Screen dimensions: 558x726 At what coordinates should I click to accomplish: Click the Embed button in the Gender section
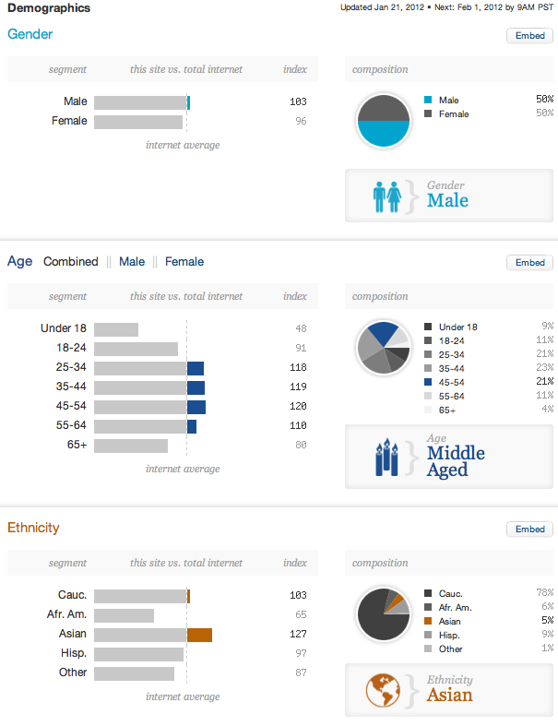[x=529, y=36]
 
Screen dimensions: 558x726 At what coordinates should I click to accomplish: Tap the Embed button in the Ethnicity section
[x=529, y=530]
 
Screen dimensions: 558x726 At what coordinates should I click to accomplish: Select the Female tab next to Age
[x=184, y=262]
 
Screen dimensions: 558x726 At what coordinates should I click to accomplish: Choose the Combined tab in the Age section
[x=71, y=262]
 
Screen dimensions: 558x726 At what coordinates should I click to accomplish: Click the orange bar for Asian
[x=199, y=635]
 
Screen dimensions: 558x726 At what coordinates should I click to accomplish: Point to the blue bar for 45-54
[x=196, y=407]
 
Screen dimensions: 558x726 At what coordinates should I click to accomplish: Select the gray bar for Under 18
[x=116, y=329]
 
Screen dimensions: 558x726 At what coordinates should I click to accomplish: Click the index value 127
[x=298, y=634]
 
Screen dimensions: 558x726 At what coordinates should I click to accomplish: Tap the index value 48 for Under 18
[x=301, y=328]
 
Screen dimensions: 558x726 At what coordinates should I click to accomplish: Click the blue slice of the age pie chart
[x=383, y=332]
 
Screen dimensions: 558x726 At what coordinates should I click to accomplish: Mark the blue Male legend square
[x=428, y=100]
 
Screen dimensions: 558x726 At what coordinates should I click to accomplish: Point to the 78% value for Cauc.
[x=544, y=592]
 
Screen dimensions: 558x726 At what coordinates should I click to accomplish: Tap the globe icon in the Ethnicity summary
[x=383, y=690]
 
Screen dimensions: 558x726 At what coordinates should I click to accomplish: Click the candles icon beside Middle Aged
[x=386, y=458]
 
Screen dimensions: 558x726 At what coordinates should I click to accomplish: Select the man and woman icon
[x=387, y=197]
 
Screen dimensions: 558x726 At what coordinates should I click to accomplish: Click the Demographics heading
[x=49, y=8]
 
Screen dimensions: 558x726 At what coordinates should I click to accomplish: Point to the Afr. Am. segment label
[x=66, y=614]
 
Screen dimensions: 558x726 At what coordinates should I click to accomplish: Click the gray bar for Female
[x=138, y=123]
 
